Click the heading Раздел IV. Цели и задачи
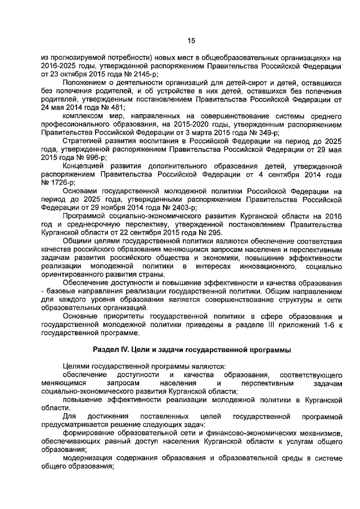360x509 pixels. (191, 350)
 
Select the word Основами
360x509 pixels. (81, 192)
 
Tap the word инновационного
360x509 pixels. (263, 265)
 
